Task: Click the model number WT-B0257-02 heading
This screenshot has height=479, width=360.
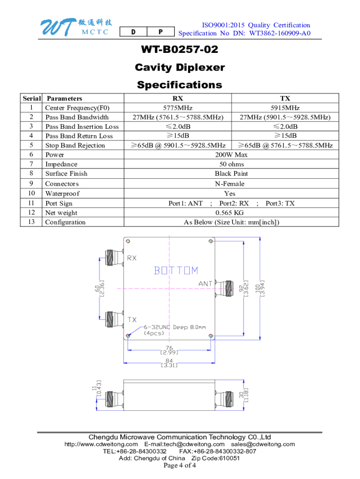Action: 180,50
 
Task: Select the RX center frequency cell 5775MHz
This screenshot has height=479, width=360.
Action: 178,108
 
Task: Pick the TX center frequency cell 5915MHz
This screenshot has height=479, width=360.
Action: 285,108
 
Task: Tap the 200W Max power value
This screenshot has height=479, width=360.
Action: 231,155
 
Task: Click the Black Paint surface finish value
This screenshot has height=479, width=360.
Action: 231,174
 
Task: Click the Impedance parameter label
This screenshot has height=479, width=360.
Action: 61,164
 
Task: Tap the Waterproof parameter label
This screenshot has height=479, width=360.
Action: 62,194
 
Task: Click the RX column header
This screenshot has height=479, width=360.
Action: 178,98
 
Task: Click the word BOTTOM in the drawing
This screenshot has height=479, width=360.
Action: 176,270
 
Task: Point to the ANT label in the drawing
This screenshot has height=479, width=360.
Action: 206,283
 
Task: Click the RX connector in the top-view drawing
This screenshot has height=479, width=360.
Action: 110,257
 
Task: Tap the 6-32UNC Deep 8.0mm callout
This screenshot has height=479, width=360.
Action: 172,327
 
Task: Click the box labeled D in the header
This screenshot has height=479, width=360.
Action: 133,32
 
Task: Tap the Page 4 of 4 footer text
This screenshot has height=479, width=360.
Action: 180,465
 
